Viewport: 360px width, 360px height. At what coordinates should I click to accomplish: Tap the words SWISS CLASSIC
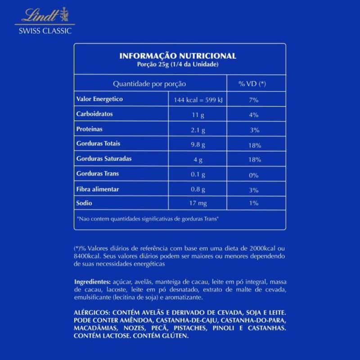(x=45, y=31)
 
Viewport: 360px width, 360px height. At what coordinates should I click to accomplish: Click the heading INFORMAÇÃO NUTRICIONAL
(x=177, y=56)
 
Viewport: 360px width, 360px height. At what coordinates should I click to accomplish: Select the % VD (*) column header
(x=252, y=84)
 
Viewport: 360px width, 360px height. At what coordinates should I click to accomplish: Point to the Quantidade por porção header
(x=149, y=84)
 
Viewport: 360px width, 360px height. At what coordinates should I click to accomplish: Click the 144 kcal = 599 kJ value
(x=198, y=100)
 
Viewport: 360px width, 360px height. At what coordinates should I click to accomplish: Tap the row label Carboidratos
(x=94, y=114)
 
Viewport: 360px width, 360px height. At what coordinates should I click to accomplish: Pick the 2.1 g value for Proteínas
(x=198, y=130)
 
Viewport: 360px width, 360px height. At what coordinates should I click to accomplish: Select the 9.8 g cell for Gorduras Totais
(x=198, y=145)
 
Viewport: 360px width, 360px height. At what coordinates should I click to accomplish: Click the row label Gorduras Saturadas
(x=104, y=159)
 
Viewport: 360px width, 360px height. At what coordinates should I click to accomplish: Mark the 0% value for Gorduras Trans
(x=253, y=175)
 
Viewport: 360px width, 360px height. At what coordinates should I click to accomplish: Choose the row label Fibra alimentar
(x=98, y=189)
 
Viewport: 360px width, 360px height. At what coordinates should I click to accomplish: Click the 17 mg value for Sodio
(x=198, y=203)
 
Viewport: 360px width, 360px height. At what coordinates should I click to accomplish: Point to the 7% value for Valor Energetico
(x=253, y=100)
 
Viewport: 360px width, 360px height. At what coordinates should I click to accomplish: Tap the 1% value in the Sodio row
(x=253, y=203)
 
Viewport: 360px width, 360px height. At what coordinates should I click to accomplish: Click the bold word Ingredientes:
(x=92, y=282)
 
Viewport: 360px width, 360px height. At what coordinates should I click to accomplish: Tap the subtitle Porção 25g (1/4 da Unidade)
(x=177, y=64)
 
